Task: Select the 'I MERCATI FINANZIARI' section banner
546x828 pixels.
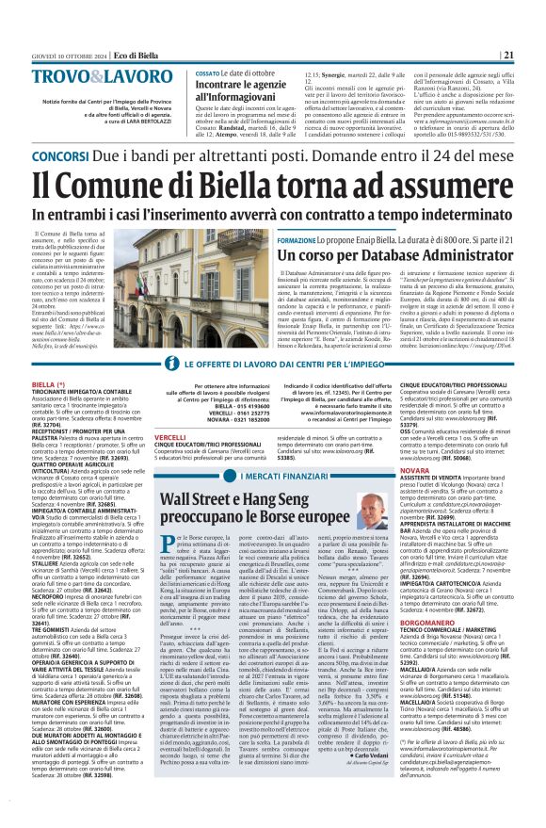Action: [x=271, y=478]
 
